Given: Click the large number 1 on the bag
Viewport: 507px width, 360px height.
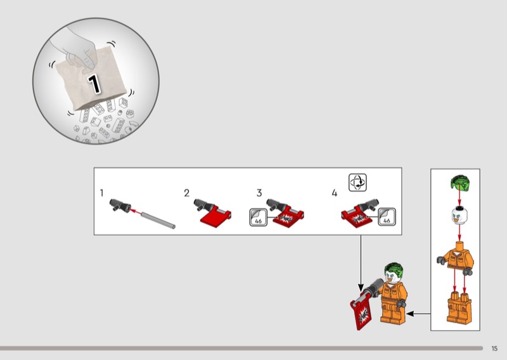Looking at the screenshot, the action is point(94,84).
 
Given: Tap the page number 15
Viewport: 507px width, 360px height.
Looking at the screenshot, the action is point(494,349).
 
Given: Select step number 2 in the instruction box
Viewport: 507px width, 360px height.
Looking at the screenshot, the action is point(186,193).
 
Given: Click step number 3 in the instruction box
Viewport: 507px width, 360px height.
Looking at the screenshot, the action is point(259,193).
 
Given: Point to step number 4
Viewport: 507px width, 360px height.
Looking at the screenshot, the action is point(335,193).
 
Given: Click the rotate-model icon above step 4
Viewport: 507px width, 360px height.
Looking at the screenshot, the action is point(357,183).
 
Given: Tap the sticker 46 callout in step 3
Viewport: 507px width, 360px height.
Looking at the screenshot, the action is point(259,217).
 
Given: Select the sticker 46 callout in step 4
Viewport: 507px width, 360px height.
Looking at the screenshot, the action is point(387,217).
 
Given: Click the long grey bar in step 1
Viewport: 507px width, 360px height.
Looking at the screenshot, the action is point(158,221).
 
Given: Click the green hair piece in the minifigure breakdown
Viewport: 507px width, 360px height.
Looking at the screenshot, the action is point(460,182).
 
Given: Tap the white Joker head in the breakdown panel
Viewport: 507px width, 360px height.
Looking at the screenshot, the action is point(459,215).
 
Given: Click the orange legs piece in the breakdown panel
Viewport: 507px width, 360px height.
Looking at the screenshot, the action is point(459,307).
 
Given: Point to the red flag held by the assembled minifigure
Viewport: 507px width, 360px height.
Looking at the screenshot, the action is point(361,312).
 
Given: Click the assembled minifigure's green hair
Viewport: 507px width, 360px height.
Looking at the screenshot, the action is point(394,270).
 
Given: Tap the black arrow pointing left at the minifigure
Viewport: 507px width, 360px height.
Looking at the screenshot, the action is point(418,314).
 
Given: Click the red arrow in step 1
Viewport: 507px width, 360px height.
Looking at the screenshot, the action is point(136,212).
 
